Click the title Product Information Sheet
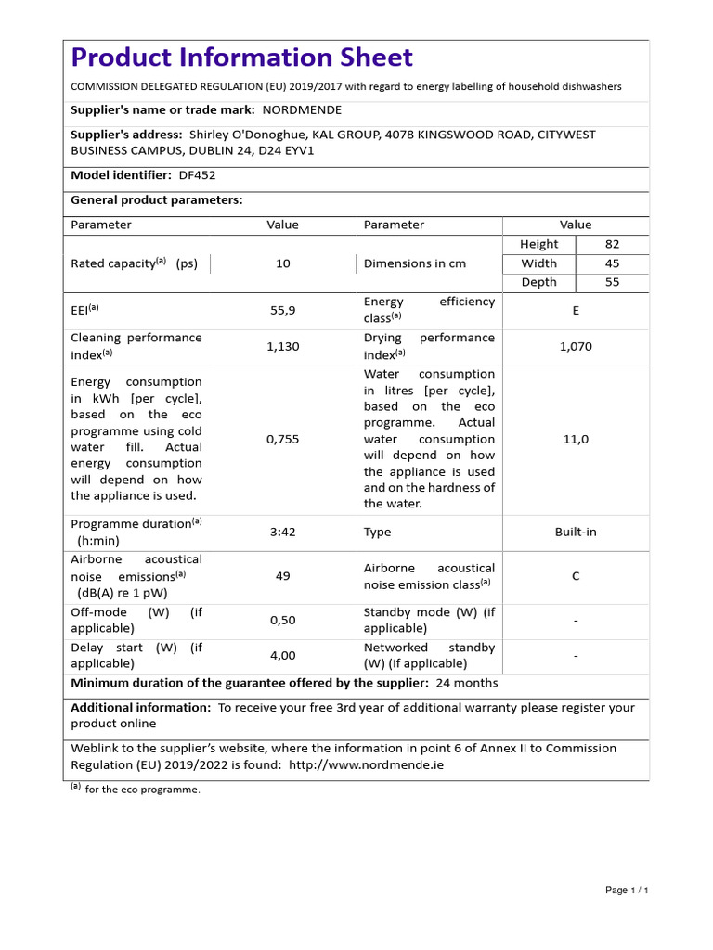[x=241, y=58]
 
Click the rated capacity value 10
[x=283, y=263]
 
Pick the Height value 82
[x=612, y=244]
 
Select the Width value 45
[x=612, y=263]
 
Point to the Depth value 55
[x=612, y=282]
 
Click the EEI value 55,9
[x=283, y=311]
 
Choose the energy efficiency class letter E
[x=576, y=311]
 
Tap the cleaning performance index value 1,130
[x=283, y=346]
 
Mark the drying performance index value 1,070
[x=576, y=346]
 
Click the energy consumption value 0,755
[x=283, y=440]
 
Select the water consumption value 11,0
[x=576, y=440]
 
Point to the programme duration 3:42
[x=283, y=533]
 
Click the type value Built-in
[x=576, y=533]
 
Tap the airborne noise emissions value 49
[x=283, y=576]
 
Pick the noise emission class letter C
[x=576, y=576]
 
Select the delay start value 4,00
[x=283, y=655]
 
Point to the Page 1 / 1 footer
[x=627, y=891]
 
